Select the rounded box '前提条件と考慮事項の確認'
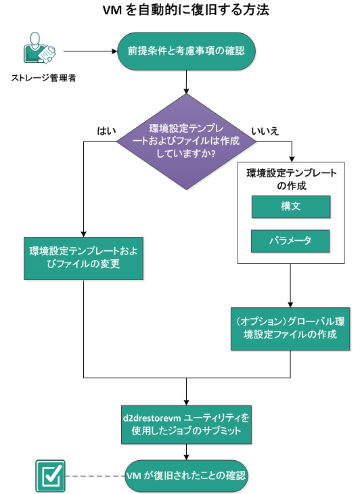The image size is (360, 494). pos(186,51)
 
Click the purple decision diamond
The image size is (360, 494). pos(186,141)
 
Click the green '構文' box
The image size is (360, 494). pos(290,207)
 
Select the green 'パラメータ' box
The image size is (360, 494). pos(290,241)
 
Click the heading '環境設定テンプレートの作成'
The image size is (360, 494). pos(291,179)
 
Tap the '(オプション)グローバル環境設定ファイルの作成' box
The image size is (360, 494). pos(290,328)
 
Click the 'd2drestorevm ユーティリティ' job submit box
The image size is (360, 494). pos(186,424)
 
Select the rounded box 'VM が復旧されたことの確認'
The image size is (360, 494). pos(186,476)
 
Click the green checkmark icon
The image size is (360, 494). pos(49,476)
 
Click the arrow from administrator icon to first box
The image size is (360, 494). pos(91,50)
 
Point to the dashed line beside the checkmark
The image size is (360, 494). pos(95,476)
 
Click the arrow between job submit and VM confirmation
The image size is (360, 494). pos(186,452)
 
